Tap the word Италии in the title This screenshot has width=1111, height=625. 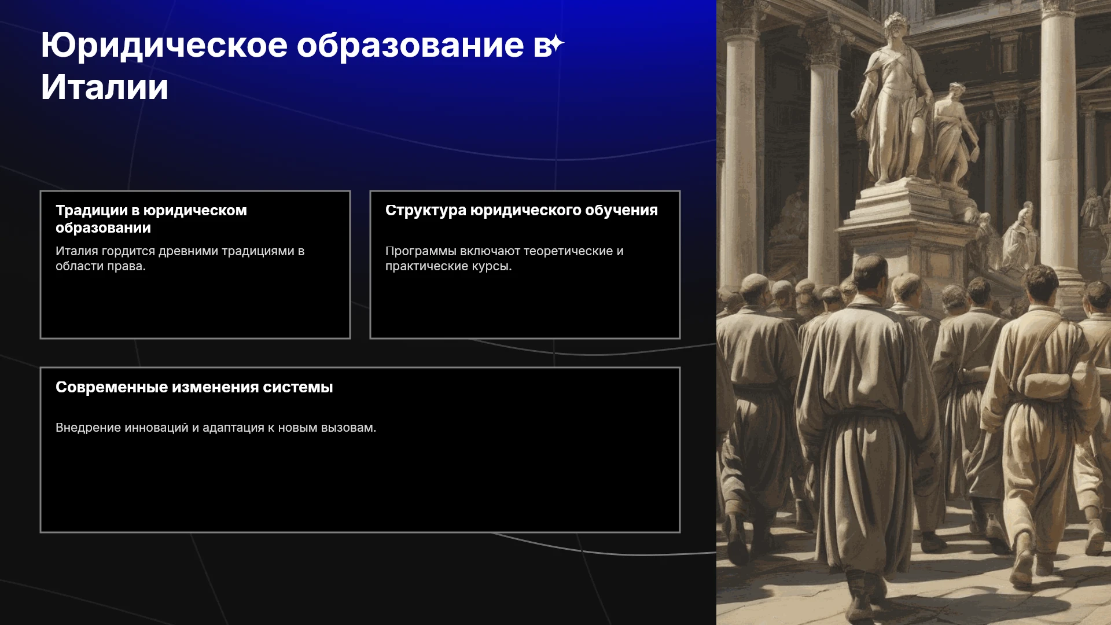tap(105, 87)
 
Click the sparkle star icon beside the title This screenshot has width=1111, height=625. tap(555, 44)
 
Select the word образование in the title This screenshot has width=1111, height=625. tap(410, 45)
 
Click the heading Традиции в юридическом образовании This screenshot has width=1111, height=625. tap(151, 219)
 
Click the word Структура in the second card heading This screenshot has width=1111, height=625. tap(426, 211)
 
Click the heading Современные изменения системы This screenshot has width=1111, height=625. tap(194, 387)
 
